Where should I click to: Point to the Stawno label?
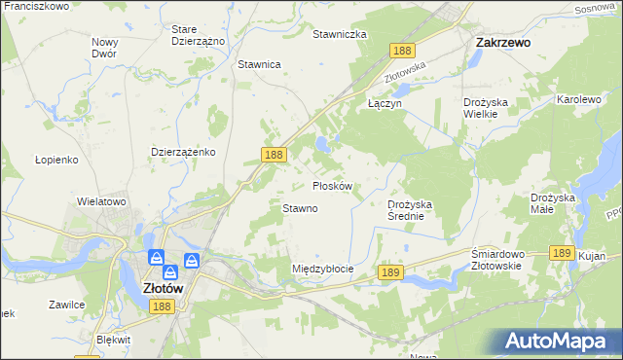(x=300, y=208)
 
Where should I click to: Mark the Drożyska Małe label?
(x=556, y=203)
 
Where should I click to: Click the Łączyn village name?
(x=384, y=102)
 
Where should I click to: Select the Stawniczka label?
(x=339, y=34)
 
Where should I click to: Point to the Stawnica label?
(x=259, y=64)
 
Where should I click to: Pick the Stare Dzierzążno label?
(x=198, y=35)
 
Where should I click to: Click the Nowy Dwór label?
(x=104, y=48)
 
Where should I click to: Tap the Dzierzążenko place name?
(x=183, y=152)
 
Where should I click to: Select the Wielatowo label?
(x=102, y=201)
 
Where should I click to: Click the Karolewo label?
(x=580, y=99)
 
